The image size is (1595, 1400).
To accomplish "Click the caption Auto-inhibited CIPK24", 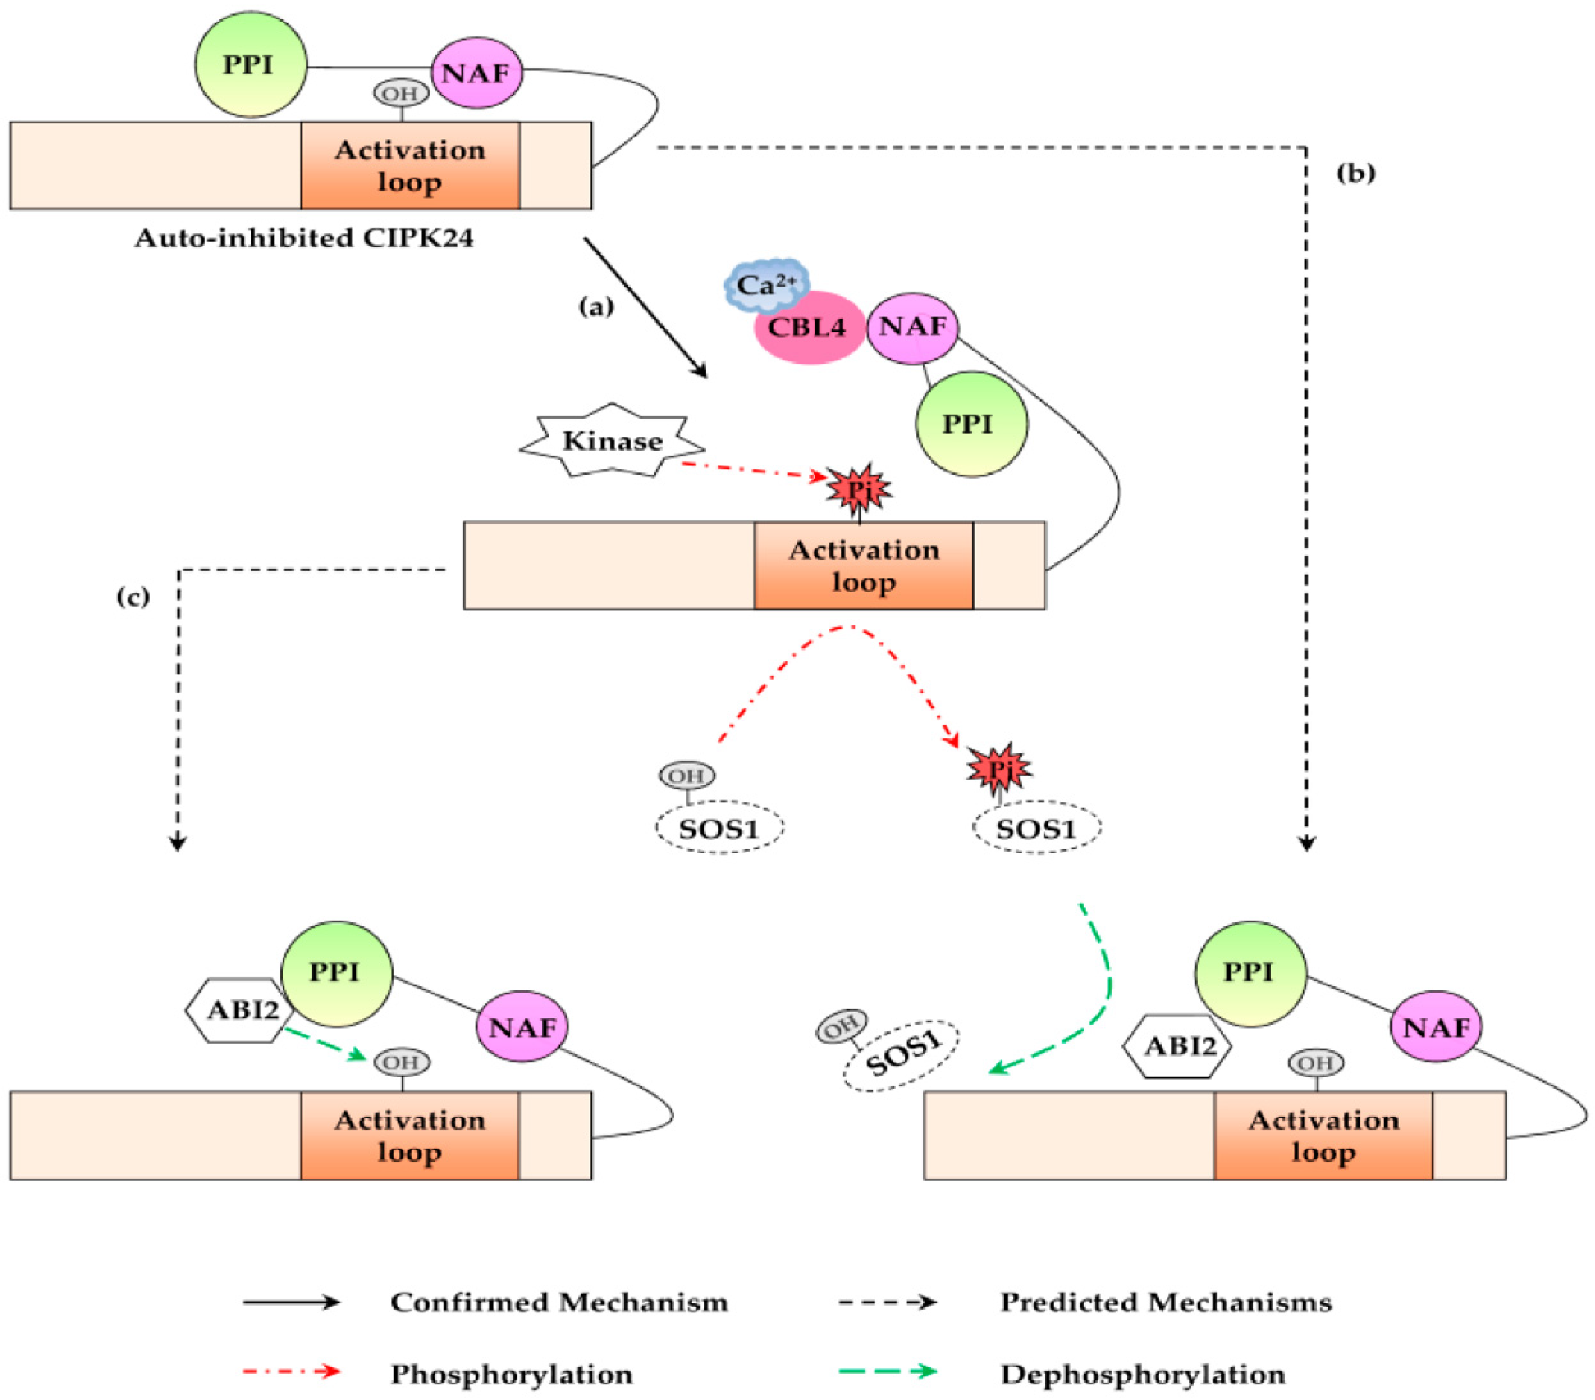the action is (304, 237).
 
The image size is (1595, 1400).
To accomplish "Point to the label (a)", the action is (596, 307).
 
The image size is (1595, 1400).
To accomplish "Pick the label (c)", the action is (133, 597).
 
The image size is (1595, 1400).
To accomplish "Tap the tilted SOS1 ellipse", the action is (900, 1056).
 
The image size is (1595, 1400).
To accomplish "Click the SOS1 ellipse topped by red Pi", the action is (1037, 828).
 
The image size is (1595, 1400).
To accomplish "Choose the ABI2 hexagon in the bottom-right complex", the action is (1177, 1046).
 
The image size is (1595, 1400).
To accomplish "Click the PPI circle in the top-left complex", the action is (251, 64).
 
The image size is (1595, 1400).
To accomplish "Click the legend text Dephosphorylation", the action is (1142, 1374).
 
